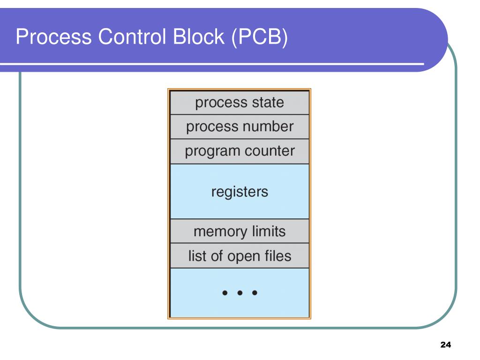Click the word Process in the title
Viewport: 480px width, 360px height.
(53, 37)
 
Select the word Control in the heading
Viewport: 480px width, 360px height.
(133, 37)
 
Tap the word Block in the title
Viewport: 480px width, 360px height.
(199, 37)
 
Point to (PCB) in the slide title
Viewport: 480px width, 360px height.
(259, 37)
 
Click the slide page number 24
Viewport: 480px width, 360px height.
(445, 345)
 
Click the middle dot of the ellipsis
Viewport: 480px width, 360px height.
(240, 293)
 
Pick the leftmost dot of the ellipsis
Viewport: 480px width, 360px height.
(225, 293)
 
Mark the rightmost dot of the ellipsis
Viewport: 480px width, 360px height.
(255, 293)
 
